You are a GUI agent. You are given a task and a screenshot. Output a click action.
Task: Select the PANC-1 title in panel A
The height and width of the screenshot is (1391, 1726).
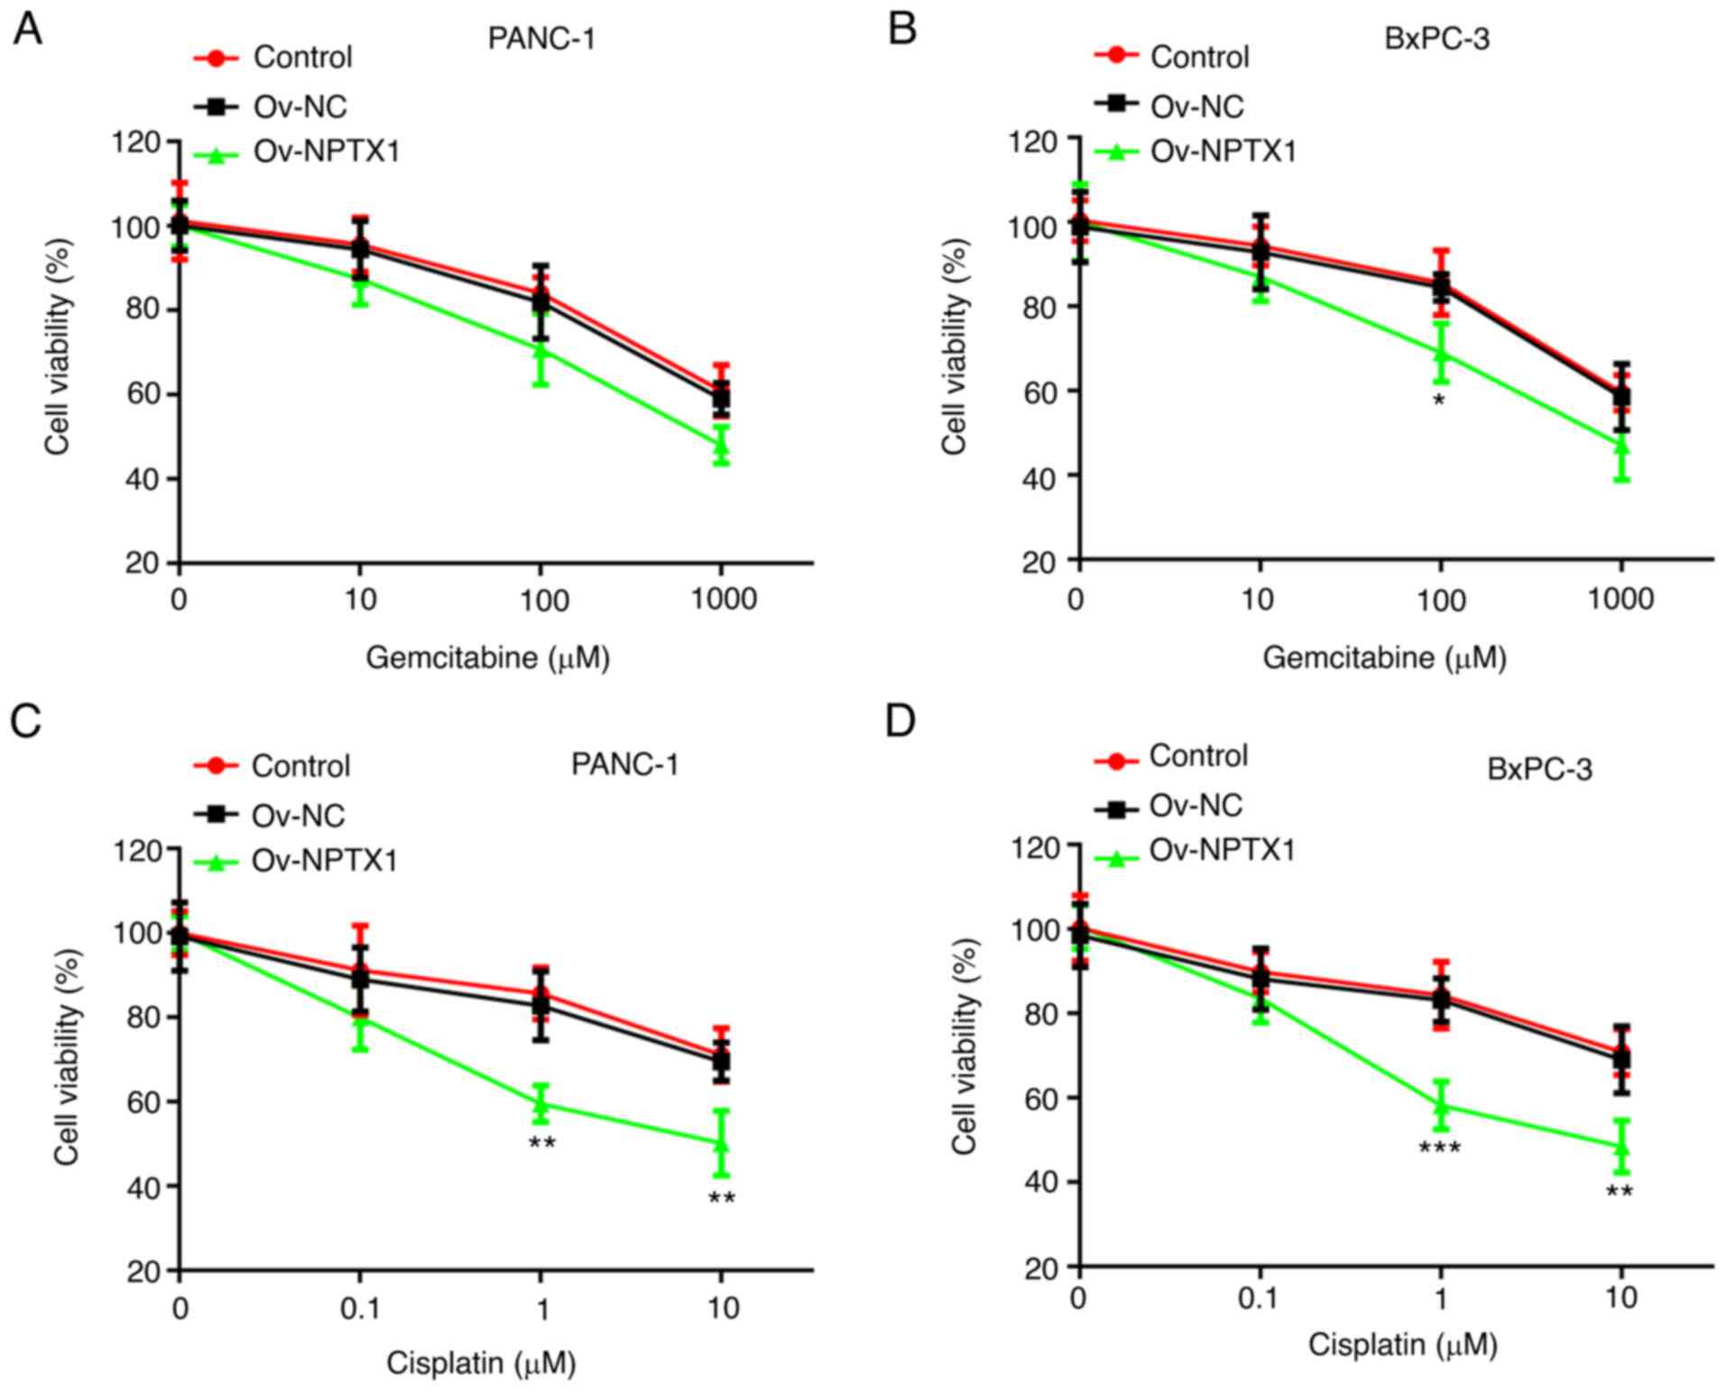click(x=541, y=39)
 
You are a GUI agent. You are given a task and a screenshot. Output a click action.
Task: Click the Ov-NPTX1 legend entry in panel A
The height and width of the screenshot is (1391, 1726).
click(x=326, y=152)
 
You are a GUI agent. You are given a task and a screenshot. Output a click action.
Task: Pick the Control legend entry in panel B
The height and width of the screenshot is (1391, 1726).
click(x=1199, y=57)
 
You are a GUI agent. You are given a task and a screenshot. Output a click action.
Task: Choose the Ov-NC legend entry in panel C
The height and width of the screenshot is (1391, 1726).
click(x=298, y=815)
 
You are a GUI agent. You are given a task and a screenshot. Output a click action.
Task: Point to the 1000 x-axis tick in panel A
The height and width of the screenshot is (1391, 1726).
click(x=723, y=600)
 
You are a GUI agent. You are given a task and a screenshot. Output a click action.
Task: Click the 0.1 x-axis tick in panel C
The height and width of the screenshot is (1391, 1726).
click(x=360, y=1307)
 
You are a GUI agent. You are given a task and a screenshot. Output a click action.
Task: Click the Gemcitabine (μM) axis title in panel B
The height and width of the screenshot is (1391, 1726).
click(x=1384, y=658)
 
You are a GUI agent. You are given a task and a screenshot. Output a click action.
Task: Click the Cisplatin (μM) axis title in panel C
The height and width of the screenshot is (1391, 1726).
click(x=481, y=1362)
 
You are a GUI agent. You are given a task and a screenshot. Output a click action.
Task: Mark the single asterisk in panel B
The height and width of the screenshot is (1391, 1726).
click(x=1439, y=400)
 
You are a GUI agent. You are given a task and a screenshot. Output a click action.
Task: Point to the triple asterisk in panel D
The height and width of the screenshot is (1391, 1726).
click(x=1439, y=1148)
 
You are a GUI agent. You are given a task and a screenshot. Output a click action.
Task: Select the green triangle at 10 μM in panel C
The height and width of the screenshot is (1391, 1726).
click(x=721, y=1144)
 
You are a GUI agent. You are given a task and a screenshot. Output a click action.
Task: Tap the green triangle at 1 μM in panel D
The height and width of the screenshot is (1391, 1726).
click(x=1440, y=1104)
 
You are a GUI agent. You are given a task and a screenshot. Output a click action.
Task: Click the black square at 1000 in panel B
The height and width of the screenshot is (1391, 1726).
click(x=1621, y=395)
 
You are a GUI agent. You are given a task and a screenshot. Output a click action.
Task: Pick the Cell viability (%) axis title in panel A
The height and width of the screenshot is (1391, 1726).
click(x=58, y=346)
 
